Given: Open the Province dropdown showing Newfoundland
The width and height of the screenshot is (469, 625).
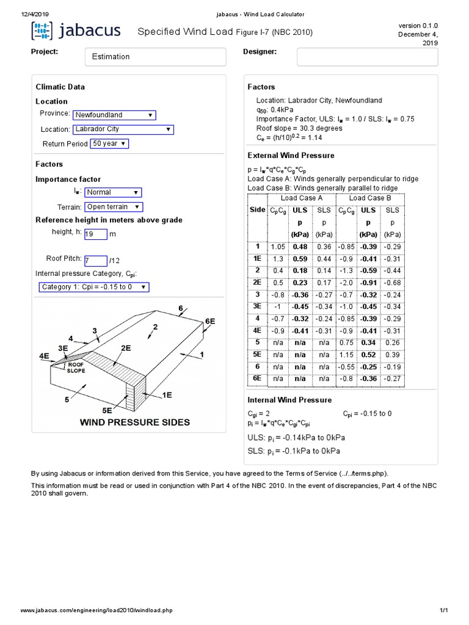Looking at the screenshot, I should tap(114, 115).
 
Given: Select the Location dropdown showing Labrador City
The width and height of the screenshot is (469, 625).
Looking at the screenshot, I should tap(123, 129).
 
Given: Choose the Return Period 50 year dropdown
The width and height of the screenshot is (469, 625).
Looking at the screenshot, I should tap(110, 143).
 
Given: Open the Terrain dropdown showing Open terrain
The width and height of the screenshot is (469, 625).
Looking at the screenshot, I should tap(114, 207).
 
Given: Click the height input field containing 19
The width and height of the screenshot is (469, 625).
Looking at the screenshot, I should tap(95, 234).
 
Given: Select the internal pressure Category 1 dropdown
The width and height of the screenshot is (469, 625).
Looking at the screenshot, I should tap(93, 287).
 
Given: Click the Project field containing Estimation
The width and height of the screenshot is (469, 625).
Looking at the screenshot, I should tap(155, 57).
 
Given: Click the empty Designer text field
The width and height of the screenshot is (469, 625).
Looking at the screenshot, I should tap(367, 57).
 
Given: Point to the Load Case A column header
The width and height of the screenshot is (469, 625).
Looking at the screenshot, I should tap(301, 198).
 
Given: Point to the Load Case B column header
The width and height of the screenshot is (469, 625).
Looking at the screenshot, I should tap(369, 198).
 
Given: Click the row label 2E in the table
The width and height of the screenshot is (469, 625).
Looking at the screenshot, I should tap(258, 283).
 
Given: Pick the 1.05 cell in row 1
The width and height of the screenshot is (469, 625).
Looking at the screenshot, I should tap(278, 247).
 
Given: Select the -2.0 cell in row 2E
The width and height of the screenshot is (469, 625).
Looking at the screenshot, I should tap(346, 283).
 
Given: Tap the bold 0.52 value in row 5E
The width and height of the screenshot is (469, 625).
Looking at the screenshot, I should tap(368, 355).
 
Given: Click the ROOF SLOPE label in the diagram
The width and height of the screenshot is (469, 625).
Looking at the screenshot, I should tap(76, 367).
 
